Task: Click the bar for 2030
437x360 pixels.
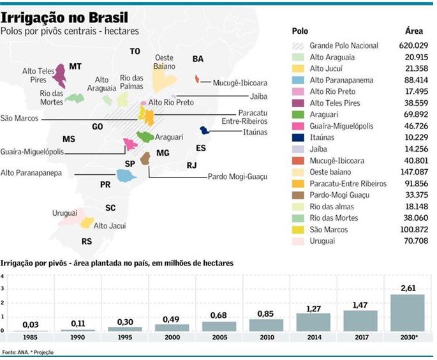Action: [406, 312]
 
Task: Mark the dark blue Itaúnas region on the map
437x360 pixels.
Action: [205, 130]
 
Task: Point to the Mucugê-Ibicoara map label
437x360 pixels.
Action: [235, 83]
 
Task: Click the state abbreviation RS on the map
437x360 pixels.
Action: [87, 241]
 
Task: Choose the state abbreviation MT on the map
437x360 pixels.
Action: [75, 66]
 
